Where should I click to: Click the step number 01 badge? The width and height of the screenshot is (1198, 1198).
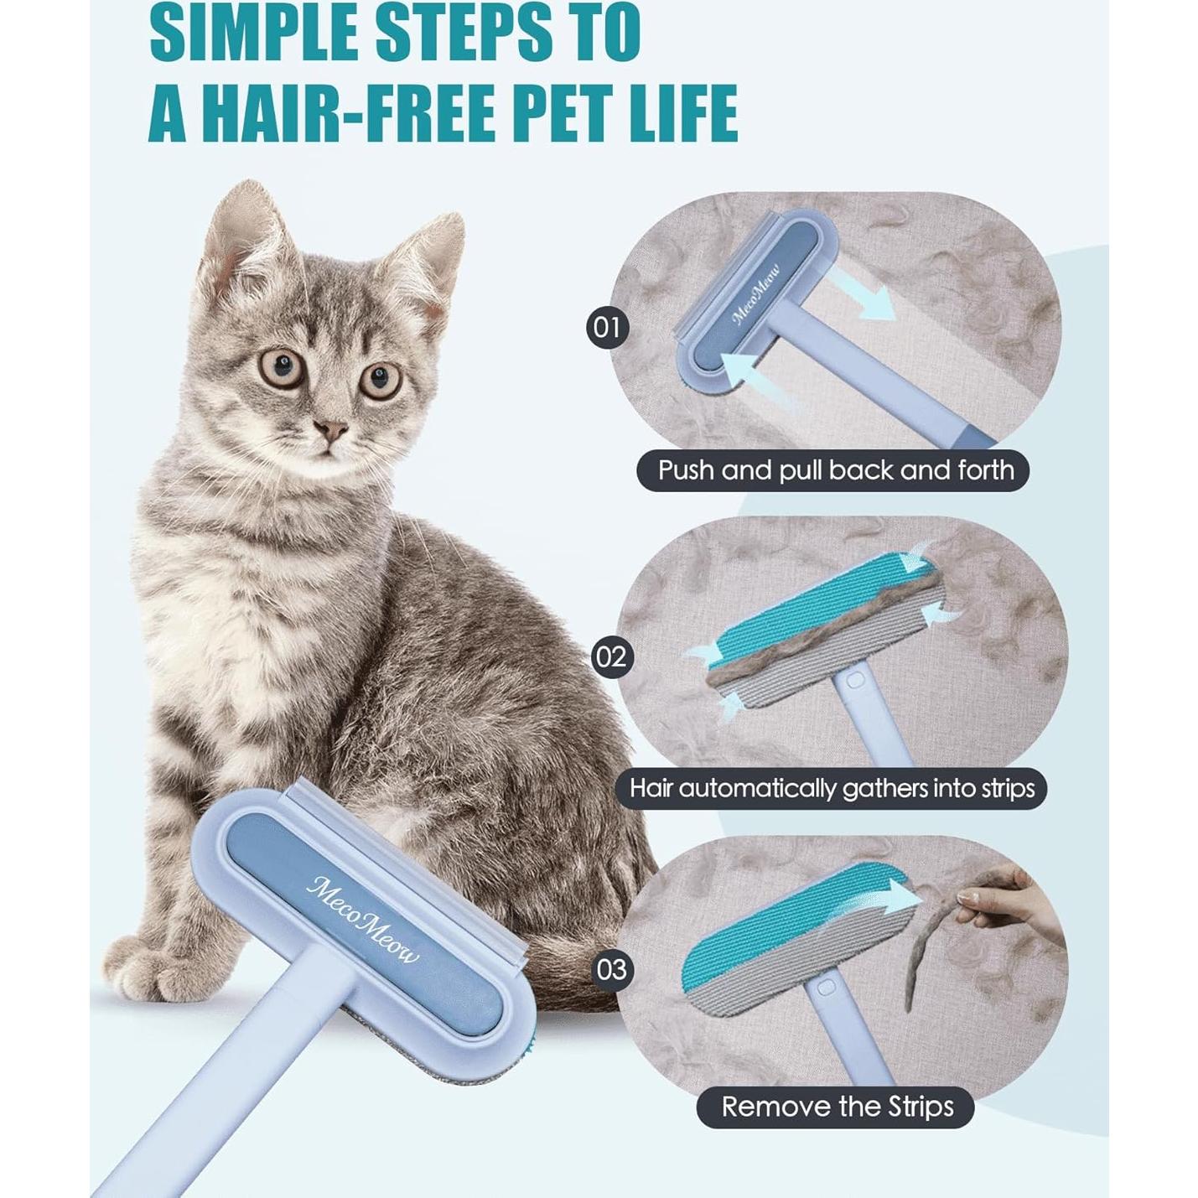click(x=606, y=327)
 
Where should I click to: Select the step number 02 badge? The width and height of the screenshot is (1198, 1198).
click(x=609, y=656)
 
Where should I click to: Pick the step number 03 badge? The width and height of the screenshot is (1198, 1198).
click(x=612, y=970)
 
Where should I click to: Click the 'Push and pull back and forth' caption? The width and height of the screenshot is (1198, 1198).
click(x=835, y=470)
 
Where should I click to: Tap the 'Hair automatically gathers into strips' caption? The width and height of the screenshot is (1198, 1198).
click(x=832, y=788)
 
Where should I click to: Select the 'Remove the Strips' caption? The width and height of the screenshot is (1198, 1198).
click(x=837, y=1107)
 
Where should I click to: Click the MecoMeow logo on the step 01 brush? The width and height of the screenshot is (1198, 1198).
click(x=755, y=294)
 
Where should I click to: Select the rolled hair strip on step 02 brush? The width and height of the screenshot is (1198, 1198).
click(x=822, y=620)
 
